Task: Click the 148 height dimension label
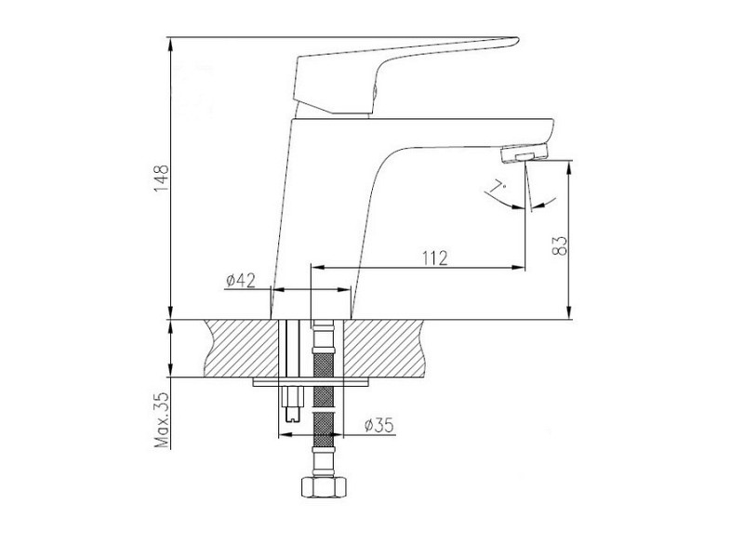tap(161, 178)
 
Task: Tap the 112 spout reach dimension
tap(434, 258)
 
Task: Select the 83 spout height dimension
tap(560, 245)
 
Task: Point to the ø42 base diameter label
tap(241, 281)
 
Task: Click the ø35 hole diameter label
tap(379, 426)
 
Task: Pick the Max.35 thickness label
tap(162, 420)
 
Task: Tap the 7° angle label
tap(498, 186)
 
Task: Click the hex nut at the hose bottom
tap(324, 487)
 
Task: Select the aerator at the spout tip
tap(525, 153)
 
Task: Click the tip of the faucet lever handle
tap(517, 40)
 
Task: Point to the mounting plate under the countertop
tap(312, 382)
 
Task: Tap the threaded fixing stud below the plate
tap(292, 404)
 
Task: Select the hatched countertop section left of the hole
tap(241, 349)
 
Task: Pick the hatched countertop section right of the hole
tap(383, 349)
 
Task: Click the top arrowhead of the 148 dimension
tap(170, 43)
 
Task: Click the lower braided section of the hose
tap(324, 430)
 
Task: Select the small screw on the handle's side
tap(375, 90)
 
